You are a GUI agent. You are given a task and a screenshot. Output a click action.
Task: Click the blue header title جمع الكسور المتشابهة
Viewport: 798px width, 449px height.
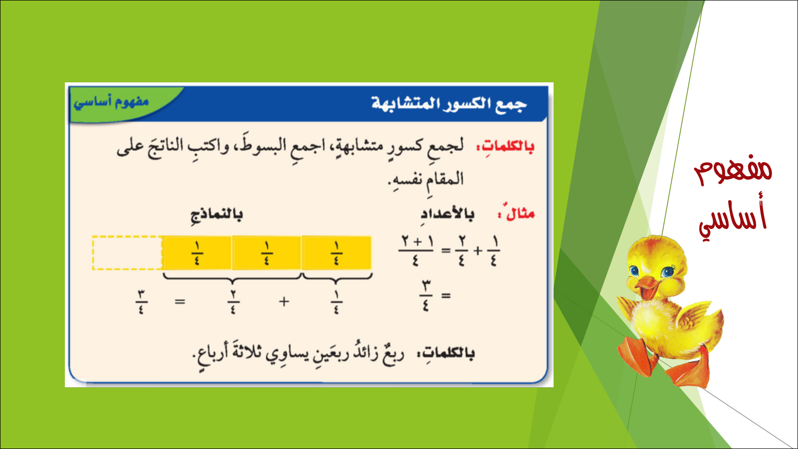click(449, 104)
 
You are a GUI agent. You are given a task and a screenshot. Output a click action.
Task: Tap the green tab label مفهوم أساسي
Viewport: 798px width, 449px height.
click(111, 102)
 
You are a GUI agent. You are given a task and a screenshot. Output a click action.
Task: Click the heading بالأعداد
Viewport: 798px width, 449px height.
click(447, 215)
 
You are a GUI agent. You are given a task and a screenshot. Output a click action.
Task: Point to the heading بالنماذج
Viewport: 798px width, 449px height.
click(216, 215)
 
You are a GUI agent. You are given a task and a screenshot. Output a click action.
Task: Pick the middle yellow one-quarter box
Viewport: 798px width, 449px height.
click(267, 252)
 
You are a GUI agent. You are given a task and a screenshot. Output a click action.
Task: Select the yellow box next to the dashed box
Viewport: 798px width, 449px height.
click(198, 252)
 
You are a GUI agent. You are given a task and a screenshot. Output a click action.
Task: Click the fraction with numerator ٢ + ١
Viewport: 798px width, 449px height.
click(416, 250)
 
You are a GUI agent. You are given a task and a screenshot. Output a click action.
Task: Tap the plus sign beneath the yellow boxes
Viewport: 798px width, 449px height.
click(284, 302)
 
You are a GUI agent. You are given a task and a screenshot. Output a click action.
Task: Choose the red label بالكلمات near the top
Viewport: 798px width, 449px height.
click(505, 147)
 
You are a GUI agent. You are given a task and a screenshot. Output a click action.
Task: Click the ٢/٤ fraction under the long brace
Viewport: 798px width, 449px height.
click(233, 302)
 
